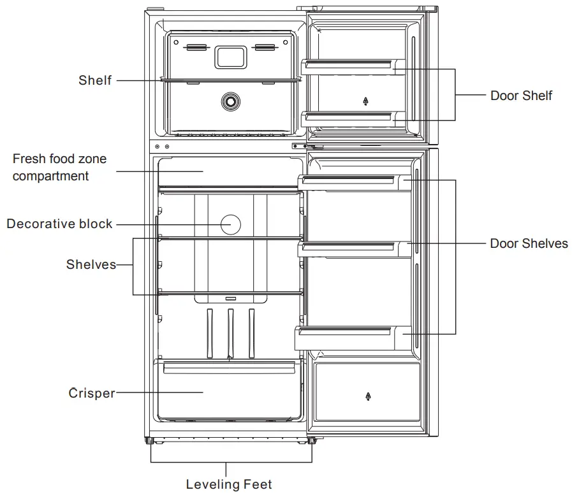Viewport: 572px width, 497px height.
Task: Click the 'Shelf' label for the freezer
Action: pyautogui.click(x=95, y=80)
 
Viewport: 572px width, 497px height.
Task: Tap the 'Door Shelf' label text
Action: pyautogui.click(x=521, y=96)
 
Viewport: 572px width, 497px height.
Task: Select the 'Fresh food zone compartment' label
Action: pyautogui.click(x=59, y=167)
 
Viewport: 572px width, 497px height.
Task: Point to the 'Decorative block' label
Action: pyautogui.click(x=59, y=224)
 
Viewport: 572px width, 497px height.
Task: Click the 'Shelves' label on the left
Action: pyautogui.click(x=91, y=264)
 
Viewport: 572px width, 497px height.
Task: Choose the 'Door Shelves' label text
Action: pyautogui.click(x=529, y=243)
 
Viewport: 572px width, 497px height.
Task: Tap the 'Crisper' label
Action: pyautogui.click(x=92, y=393)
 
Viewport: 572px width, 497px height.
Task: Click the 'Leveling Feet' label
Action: pyautogui.click(x=229, y=484)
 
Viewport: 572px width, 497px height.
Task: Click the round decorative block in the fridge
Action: pyautogui.click(x=230, y=224)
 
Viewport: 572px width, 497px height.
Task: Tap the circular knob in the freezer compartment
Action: pyautogui.click(x=230, y=101)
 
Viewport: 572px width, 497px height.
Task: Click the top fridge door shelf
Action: pyautogui.click(x=354, y=182)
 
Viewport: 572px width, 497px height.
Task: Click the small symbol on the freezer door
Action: pyautogui.click(x=366, y=101)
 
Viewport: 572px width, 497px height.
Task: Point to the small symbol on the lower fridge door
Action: pyautogui.click(x=368, y=397)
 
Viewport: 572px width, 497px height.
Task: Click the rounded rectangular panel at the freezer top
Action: pyautogui.click(x=231, y=56)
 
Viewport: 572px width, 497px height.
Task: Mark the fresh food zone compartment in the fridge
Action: pyautogui.click(x=229, y=171)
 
